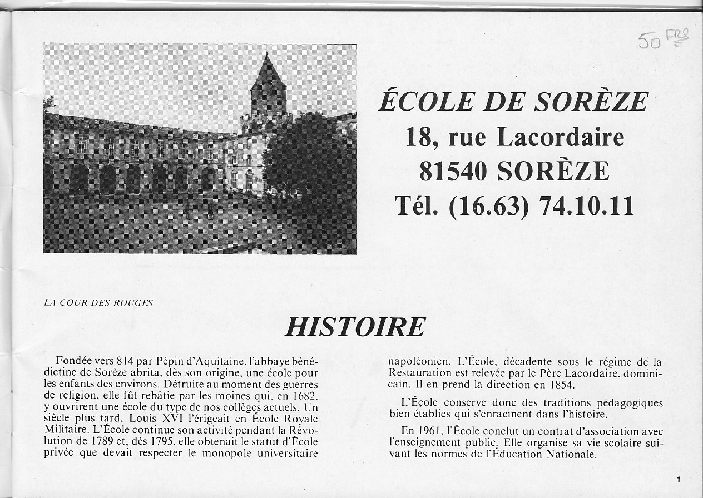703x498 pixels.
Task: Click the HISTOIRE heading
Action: (x=355, y=327)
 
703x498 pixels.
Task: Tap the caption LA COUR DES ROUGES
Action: (x=98, y=303)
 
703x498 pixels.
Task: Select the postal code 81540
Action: (x=453, y=171)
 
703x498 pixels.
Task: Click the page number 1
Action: (x=679, y=479)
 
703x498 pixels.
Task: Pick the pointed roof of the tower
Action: (x=268, y=73)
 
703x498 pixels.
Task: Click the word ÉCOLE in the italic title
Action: (x=420, y=102)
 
